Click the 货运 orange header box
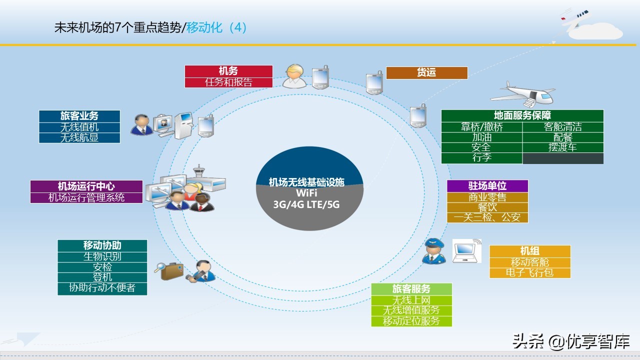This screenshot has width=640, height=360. click(x=426, y=72)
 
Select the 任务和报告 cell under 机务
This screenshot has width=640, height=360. click(x=228, y=82)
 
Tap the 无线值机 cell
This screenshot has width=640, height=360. click(x=79, y=127)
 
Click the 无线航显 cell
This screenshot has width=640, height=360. click(x=79, y=138)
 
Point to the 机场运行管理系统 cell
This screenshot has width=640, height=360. click(x=86, y=197)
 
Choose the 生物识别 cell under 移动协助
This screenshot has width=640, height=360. click(x=102, y=256)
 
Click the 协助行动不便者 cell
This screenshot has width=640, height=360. click(x=102, y=288)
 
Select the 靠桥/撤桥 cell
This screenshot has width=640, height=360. click(x=481, y=127)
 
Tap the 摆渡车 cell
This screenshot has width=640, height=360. click(x=562, y=147)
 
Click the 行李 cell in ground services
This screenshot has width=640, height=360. click(x=481, y=158)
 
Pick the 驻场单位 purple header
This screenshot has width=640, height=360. click(x=487, y=186)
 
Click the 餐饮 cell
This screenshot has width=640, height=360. click(x=487, y=207)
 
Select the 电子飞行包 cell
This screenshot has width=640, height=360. click(x=529, y=273)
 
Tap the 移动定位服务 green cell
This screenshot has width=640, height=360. click(x=411, y=321)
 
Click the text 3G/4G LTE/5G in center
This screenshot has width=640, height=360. click(x=306, y=205)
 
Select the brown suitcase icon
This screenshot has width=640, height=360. click(x=170, y=270)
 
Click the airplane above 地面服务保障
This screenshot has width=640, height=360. click(x=522, y=93)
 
